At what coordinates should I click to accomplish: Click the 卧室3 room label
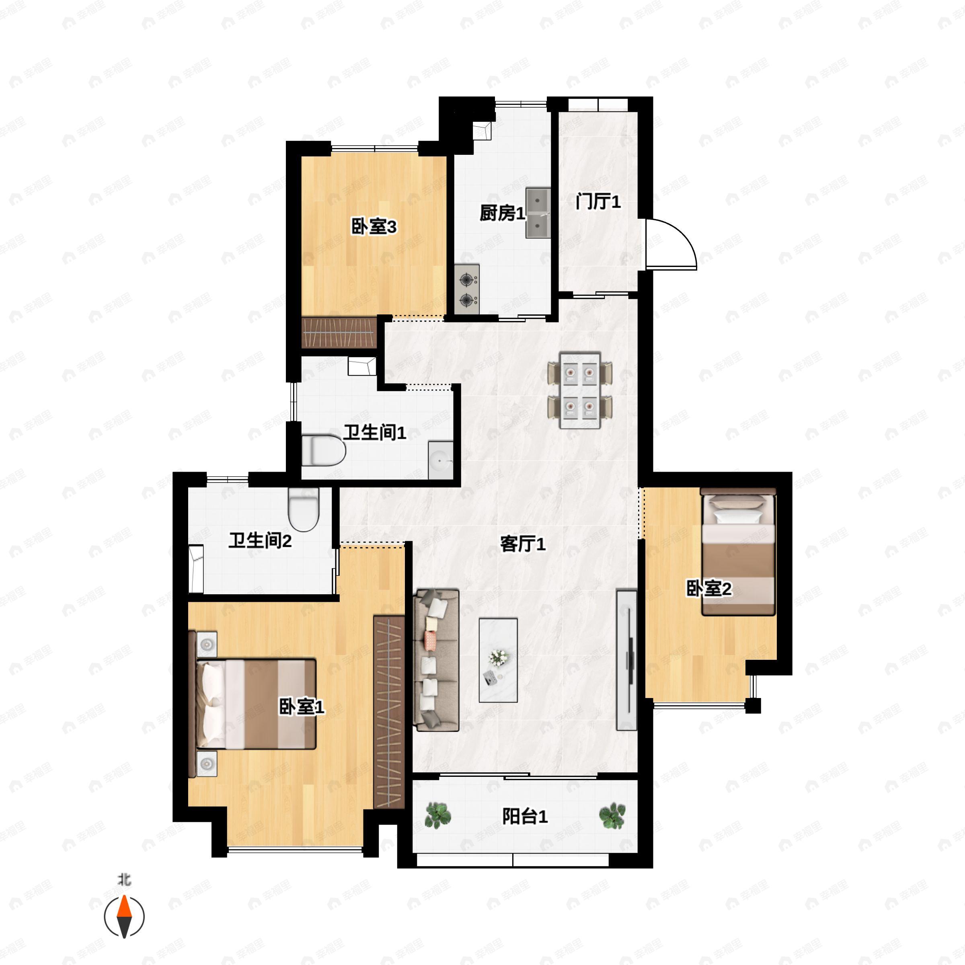374,227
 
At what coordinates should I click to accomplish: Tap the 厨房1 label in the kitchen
503,214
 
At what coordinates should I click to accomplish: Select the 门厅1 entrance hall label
598,202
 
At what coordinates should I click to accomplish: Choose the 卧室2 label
709,589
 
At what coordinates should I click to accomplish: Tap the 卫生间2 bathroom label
260,540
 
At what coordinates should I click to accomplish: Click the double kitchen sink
538,213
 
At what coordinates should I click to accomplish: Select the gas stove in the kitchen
467,289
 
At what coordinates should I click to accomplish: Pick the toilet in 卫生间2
304,509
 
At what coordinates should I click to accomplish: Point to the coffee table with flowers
498,660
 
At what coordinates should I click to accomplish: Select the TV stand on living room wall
627,660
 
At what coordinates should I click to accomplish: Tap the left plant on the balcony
437,816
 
